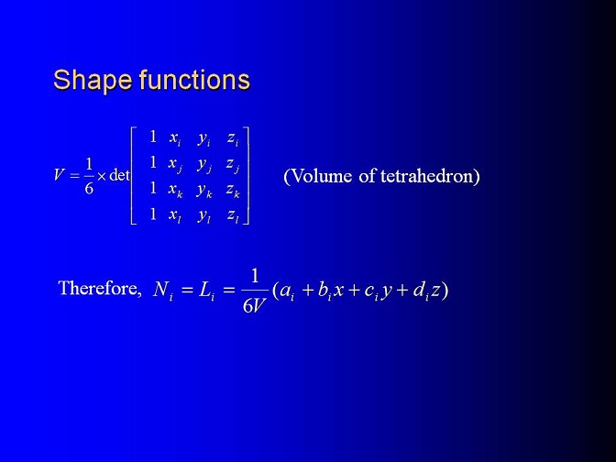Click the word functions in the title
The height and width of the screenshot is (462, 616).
(194, 80)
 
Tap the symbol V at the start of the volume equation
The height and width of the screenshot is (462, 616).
(59, 174)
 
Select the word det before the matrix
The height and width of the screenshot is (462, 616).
(119, 174)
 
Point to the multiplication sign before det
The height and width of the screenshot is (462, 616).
(102, 176)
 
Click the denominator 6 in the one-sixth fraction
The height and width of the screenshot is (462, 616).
(89, 189)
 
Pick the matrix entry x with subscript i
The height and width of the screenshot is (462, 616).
(175, 138)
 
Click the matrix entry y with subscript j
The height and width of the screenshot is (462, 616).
(204, 164)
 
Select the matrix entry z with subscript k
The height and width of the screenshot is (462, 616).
(233, 190)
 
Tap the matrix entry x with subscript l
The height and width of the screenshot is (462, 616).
(175, 215)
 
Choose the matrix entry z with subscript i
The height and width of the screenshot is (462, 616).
(233, 138)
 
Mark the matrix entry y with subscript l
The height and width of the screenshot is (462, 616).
(204, 216)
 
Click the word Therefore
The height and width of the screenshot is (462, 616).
(100, 288)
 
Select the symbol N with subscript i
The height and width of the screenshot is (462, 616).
(163, 291)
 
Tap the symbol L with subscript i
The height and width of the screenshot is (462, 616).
(206, 291)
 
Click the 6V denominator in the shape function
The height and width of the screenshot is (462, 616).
(255, 305)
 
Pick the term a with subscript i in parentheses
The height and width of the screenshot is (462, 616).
(287, 291)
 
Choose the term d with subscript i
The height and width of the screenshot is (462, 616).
(421, 291)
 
